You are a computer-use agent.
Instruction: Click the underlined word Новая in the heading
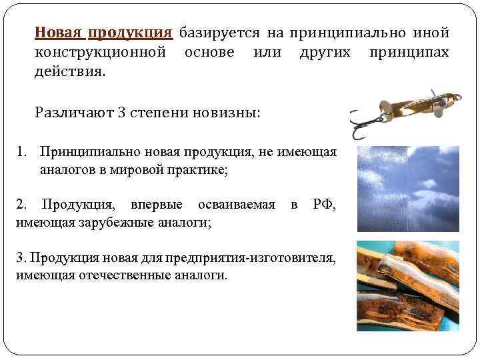[x=58, y=33]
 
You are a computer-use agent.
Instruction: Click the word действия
[x=69, y=71]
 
